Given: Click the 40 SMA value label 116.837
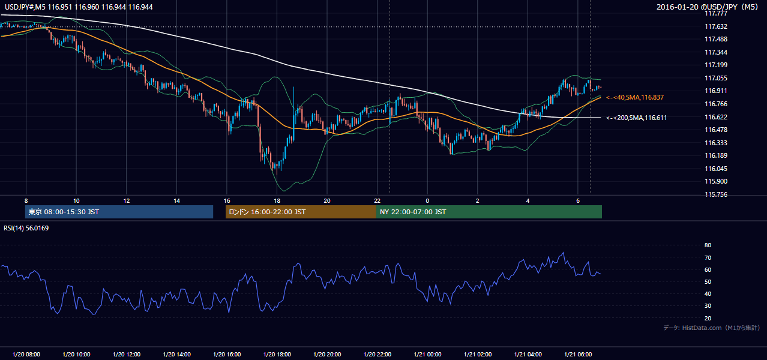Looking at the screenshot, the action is tap(635, 98).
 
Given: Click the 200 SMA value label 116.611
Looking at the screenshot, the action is tap(637, 118).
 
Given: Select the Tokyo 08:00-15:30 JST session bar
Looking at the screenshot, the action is tap(119, 212).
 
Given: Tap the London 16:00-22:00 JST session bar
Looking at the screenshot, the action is tap(301, 212).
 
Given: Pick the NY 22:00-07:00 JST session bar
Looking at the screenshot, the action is tap(489, 212).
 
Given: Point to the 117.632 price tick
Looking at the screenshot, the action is tap(716, 26).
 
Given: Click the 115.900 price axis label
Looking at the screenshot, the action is tap(716, 181).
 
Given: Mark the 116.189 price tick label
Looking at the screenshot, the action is tap(716, 156).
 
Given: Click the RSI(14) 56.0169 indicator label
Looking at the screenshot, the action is tap(26, 228).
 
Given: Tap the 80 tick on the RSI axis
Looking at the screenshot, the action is tap(708, 245).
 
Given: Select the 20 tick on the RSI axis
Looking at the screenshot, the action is tap(708, 318).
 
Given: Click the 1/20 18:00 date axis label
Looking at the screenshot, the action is tap(277, 355).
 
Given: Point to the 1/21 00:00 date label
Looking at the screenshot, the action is tap(427, 355).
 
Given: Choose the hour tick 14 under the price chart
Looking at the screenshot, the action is tap(176, 201).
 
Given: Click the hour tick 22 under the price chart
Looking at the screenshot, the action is tap(377, 201).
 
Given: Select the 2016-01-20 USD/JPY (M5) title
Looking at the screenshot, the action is tap(708, 7).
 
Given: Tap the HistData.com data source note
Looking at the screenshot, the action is tap(712, 328).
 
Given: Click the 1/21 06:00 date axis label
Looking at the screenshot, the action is tap(578, 355).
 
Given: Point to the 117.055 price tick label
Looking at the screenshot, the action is tap(716, 78).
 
